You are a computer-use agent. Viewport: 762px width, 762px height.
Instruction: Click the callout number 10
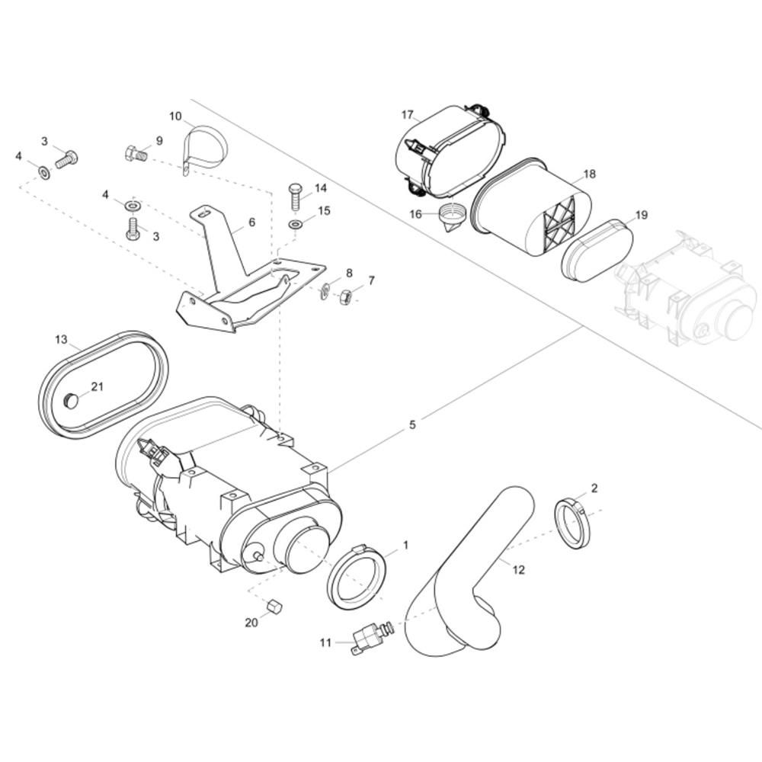tap(175, 116)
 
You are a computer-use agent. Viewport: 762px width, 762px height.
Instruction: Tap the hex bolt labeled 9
tap(136, 155)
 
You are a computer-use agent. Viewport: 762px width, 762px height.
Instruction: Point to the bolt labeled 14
tap(295, 196)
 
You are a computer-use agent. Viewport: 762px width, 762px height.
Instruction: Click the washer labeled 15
tap(295, 225)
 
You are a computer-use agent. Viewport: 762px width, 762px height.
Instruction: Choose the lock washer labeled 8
tap(325, 291)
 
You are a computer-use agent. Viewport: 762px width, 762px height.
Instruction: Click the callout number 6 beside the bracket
tap(251, 222)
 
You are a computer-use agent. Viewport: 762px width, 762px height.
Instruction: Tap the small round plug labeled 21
tap(71, 401)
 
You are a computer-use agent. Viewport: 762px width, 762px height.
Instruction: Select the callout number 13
tap(61, 339)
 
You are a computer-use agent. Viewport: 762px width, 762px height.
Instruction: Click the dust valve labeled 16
tap(453, 219)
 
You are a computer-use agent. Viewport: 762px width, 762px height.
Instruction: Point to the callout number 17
tap(407, 115)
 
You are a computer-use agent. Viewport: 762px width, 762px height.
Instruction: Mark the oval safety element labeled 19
tap(597, 251)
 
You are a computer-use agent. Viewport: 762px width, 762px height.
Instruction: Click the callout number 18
tap(590, 174)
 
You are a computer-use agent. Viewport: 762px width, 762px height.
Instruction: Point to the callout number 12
tap(518, 569)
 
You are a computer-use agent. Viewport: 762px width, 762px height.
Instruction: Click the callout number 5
tap(412, 424)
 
